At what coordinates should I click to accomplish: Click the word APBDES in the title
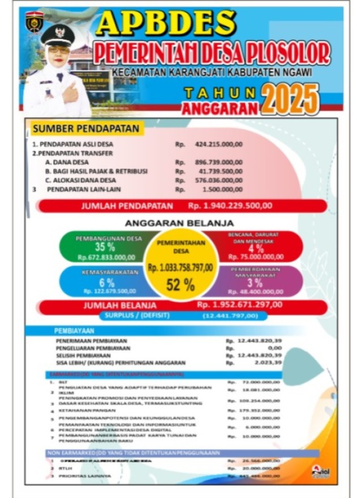pyautogui.click(x=166, y=24)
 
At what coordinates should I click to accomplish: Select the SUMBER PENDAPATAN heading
pyautogui.click(x=85, y=129)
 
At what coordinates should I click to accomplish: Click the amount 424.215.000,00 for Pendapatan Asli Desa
pyautogui.click(x=218, y=144)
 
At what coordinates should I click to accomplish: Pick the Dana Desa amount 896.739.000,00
pyautogui.click(x=218, y=162)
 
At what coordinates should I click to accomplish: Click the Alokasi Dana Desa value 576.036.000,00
pyautogui.click(x=218, y=180)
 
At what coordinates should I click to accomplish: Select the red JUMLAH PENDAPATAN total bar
pyautogui.click(x=182, y=206)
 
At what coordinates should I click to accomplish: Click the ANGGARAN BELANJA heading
pyautogui.click(x=179, y=224)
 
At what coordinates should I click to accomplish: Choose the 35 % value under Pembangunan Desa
pyautogui.click(x=105, y=247)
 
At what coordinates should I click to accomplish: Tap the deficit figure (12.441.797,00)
pyautogui.click(x=230, y=315)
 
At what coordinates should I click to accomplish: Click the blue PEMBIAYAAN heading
pyautogui.click(x=74, y=330)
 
